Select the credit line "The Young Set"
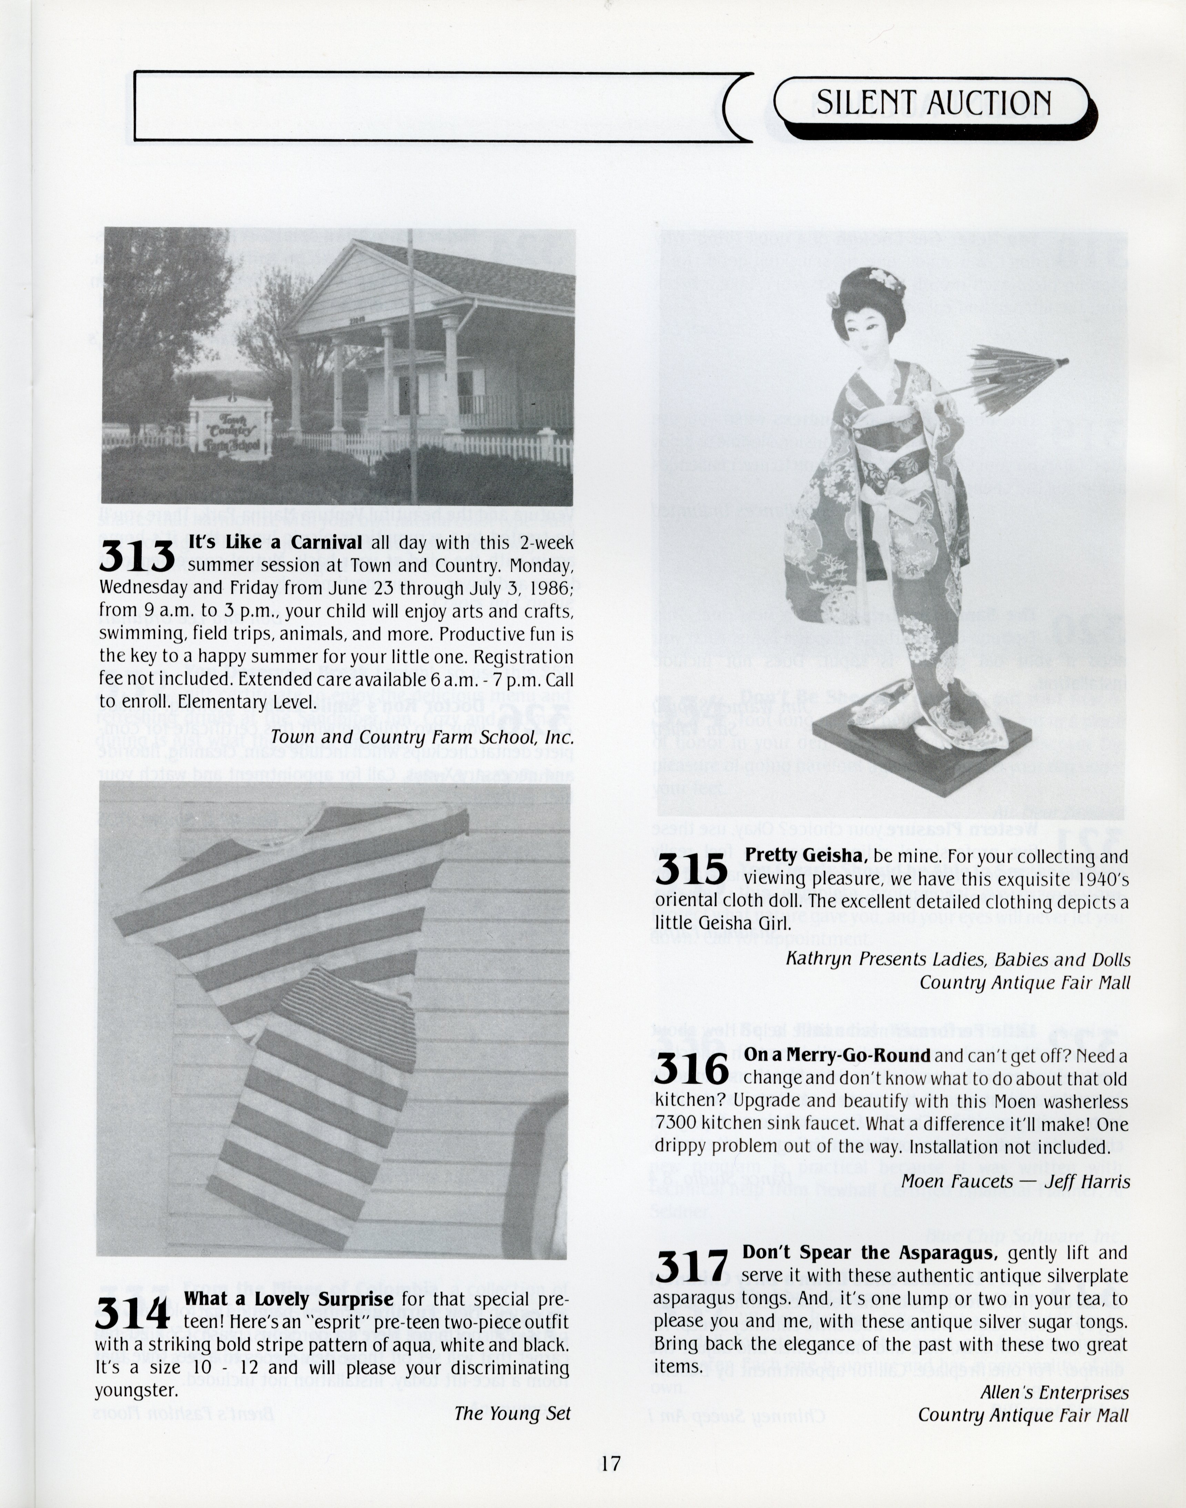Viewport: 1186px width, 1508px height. point(513,1413)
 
